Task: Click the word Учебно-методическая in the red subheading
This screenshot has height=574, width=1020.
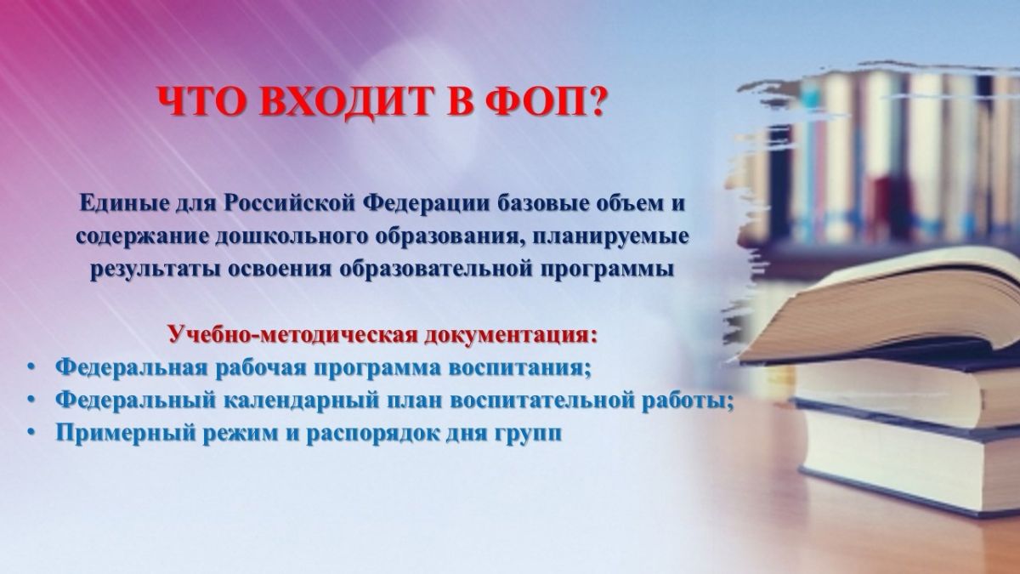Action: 292,335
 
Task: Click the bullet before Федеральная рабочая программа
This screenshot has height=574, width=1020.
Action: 30,367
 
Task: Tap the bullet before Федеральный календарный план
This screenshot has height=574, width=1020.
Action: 30,399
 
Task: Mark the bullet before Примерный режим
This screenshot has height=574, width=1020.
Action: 30,432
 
